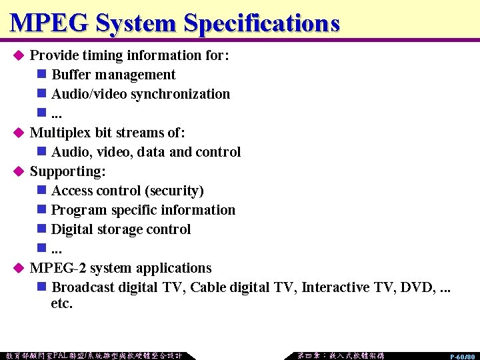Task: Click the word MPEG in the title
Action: [x=50, y=23]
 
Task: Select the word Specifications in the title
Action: [x=262, y=23]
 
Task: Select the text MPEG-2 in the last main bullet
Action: [x=57, y=268]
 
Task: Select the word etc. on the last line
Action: [x=61, y=304]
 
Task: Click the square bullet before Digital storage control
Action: [x=41, y=229]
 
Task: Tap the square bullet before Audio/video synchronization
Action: [x=41, y=94]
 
